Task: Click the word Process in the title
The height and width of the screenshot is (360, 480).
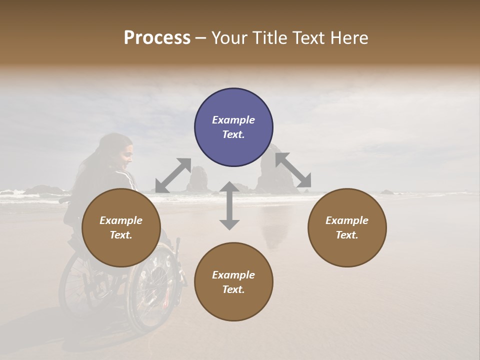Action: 157,38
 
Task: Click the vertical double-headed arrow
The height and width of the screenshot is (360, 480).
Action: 229,205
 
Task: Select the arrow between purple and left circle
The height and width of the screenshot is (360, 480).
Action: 173,175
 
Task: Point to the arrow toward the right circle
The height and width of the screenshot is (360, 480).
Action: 293,170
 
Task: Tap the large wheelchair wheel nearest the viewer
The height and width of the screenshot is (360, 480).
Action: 152,290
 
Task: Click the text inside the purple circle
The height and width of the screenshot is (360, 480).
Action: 233,127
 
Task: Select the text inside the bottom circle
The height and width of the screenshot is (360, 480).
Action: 233,282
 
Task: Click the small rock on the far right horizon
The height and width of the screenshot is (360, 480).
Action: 387,191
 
